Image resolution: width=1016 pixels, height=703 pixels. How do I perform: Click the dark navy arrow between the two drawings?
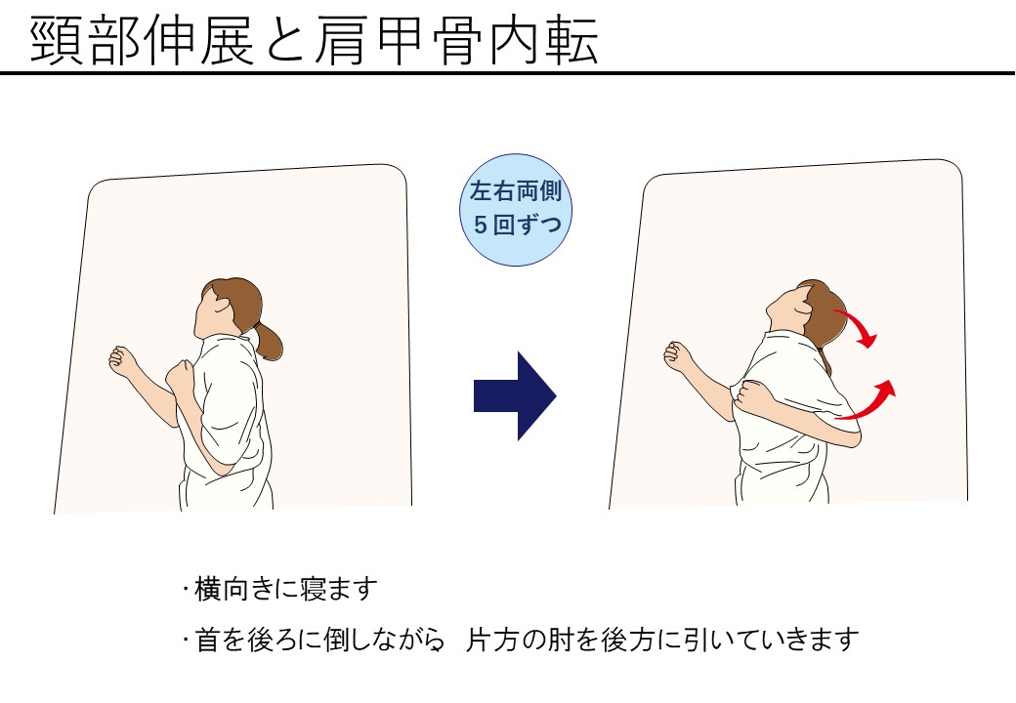coord(515,396)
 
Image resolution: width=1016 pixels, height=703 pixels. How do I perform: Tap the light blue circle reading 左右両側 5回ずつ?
coord(516,210)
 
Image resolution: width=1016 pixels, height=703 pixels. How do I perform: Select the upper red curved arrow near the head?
coord(857,327)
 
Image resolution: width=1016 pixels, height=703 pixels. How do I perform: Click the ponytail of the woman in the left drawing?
coord(269,340)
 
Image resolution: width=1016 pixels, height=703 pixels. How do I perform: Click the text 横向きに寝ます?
coord(285,589)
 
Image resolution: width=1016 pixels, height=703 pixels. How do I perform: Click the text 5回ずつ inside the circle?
coord(517,226)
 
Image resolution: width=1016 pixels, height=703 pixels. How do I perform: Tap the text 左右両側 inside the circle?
coord(516,191)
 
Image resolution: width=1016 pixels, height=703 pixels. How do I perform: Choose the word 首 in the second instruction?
coord(207,640)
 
